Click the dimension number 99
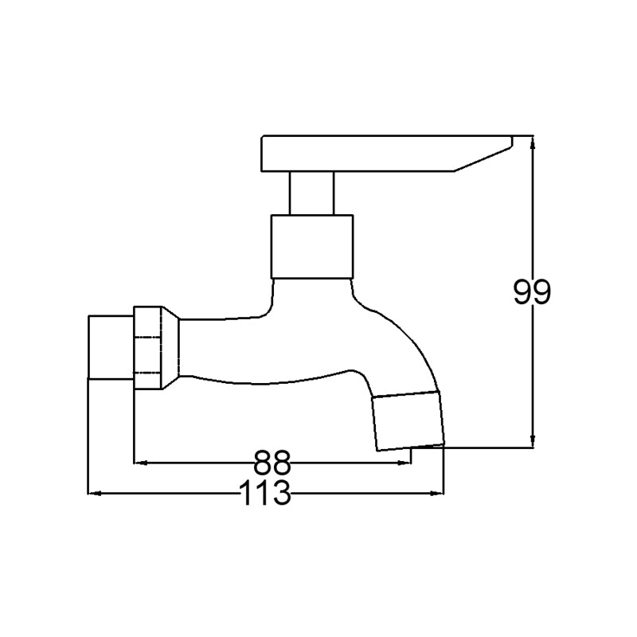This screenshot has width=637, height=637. [532, 291]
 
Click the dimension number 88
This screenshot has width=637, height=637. [272, 463]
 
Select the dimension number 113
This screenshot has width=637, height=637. [266, 492]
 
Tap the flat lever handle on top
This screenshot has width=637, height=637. [387, 153]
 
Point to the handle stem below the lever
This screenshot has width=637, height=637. [311, 193]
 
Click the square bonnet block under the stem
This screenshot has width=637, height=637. [312, 247]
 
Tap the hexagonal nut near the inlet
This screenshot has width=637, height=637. [148, 348]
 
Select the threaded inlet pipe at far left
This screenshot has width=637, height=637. [111, 347]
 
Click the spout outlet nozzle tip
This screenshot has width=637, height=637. [408, 421]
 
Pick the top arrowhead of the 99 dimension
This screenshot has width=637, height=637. [533, 143]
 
